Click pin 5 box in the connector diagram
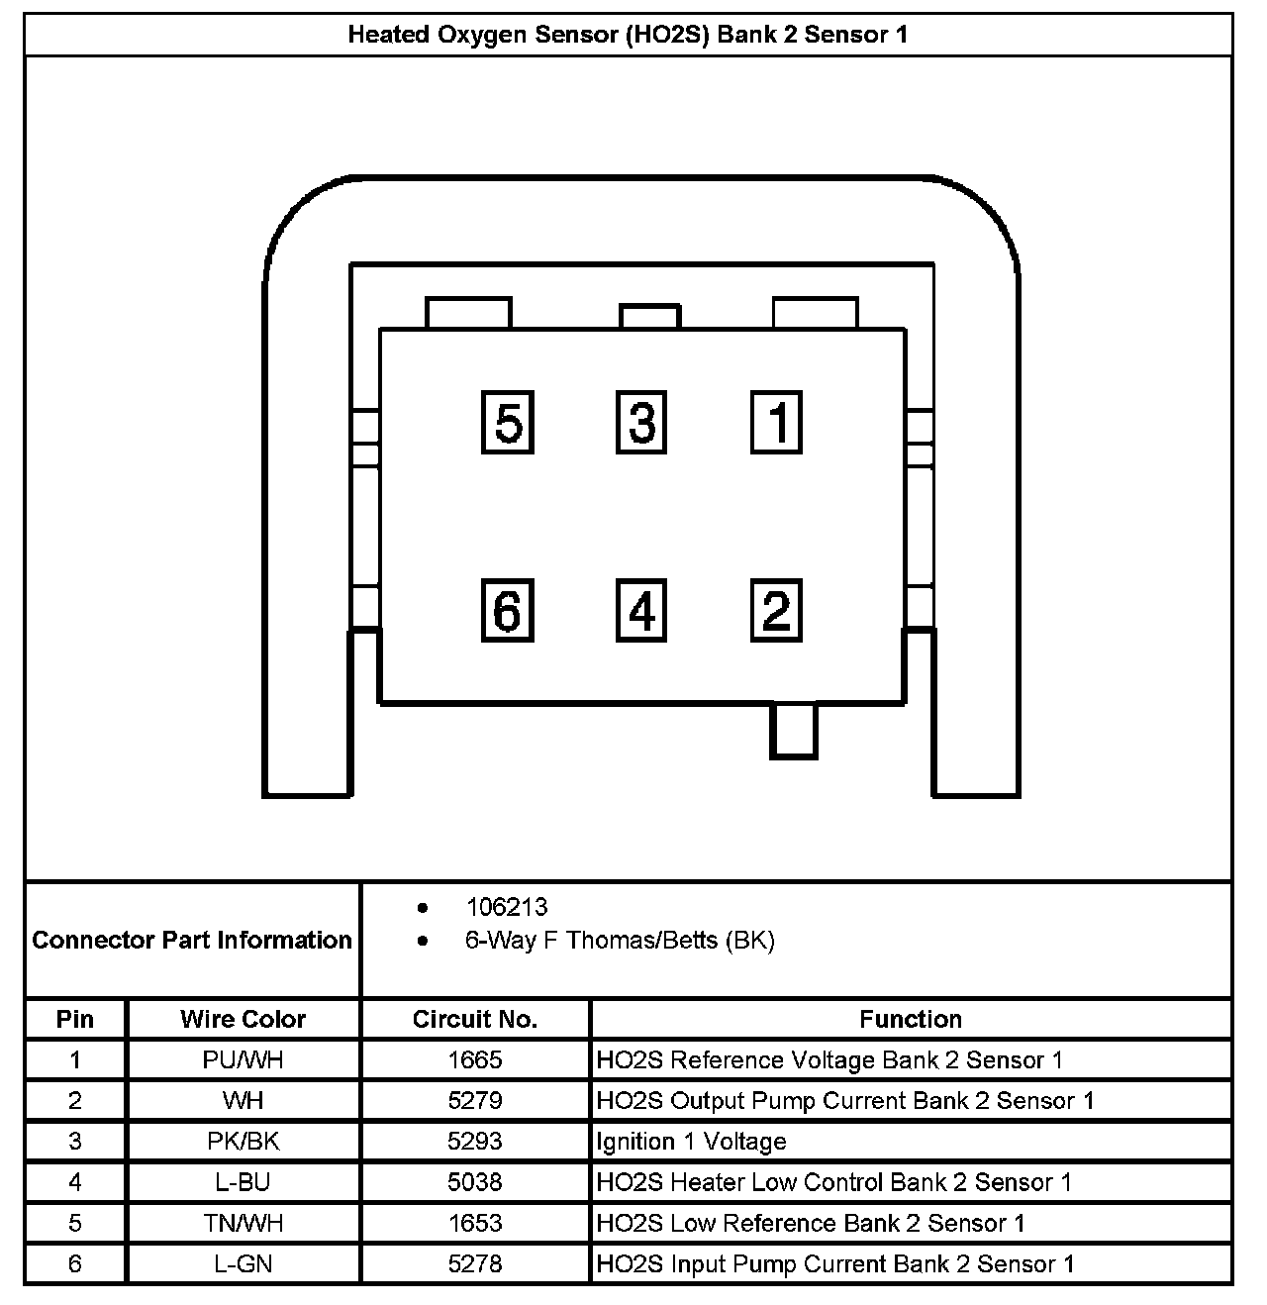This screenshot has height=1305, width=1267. [508, 423]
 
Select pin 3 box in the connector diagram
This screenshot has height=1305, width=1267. [641, 423]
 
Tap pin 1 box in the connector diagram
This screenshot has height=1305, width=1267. [776, 423]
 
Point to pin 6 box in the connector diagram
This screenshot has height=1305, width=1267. [508, 610]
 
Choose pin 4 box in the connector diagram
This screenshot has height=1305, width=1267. [641, 610]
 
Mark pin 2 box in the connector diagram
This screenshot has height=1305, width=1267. [776, 610]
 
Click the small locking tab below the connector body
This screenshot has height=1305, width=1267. [794, 731]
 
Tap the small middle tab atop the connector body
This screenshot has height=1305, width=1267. [649, 316]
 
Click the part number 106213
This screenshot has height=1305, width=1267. [506, 907]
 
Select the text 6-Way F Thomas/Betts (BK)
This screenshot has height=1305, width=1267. [620, 940]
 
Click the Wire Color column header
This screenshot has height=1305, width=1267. [244, 1019]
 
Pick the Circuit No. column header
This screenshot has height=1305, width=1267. [475, 1019]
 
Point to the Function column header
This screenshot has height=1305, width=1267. [911, 1019]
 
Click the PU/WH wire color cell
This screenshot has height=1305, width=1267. [244, 1060]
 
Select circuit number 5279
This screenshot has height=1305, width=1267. [475, 1101]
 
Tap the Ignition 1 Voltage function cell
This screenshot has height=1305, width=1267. [691, 1142]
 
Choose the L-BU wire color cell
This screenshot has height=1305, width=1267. [244, 1182]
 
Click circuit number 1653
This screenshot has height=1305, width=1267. [475, 1223]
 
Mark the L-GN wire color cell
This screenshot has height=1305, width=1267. [244, 1263]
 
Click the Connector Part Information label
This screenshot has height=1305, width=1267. [192, 940]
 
